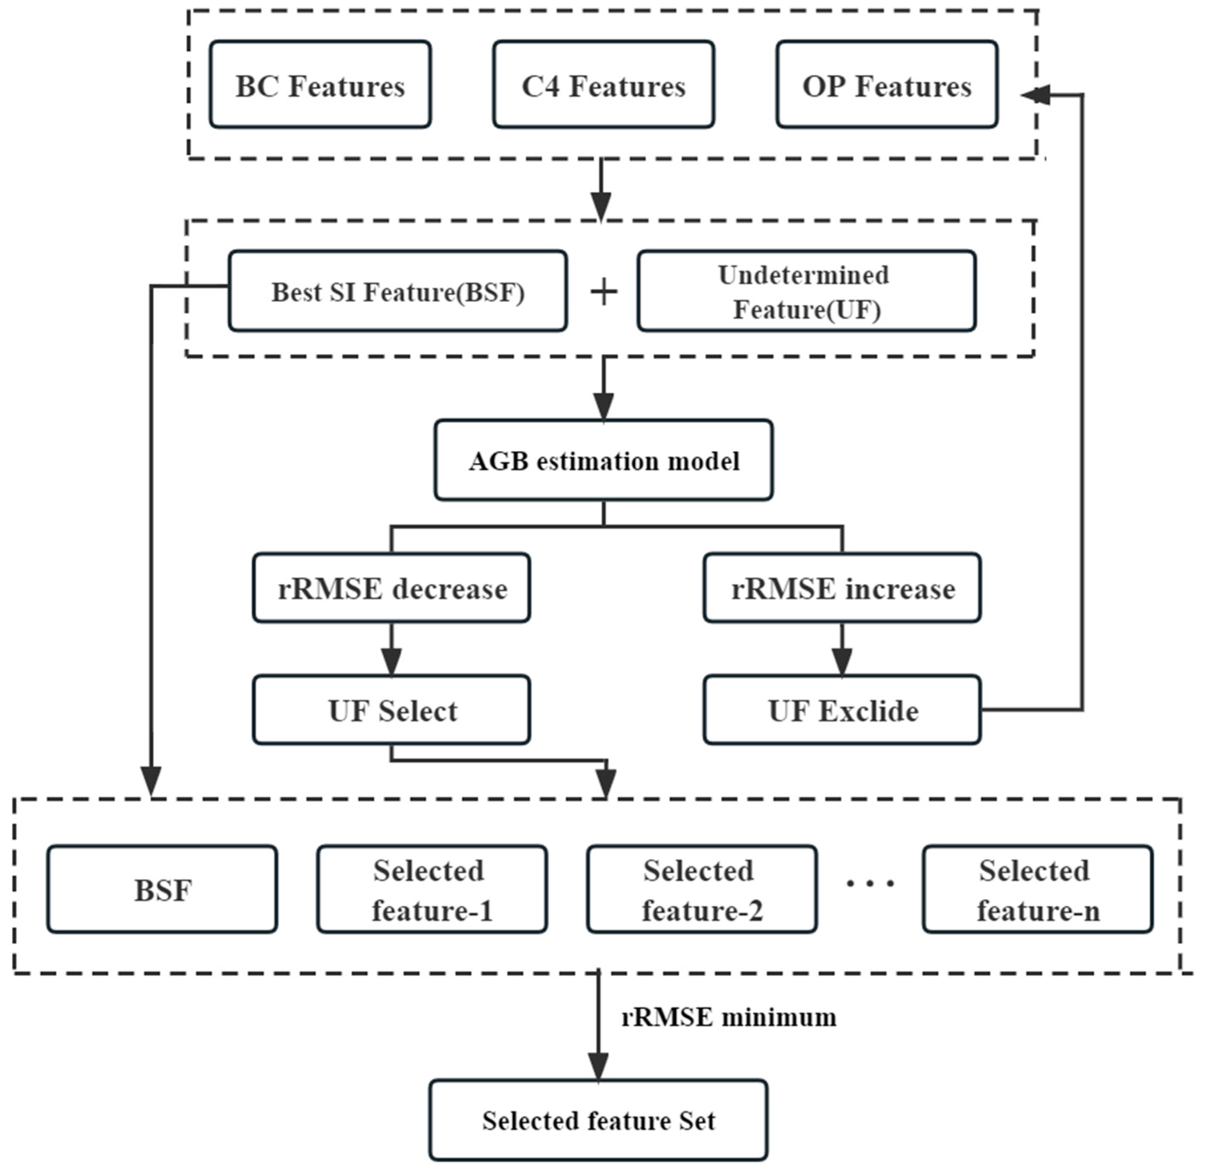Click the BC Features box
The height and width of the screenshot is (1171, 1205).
[x=320, y=85]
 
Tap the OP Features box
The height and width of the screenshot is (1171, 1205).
[x=886, y=85]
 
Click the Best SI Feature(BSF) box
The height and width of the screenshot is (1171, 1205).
[x=398, y=291]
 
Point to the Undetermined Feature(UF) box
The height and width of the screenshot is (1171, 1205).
[x=806, y=291]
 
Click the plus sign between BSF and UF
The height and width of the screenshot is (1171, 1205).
[x=604, y=291]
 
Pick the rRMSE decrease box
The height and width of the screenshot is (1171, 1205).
[x=391, y=589]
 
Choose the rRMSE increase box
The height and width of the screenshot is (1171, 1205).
[x=842, y=589]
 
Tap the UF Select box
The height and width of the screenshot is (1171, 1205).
[x=391, y=710]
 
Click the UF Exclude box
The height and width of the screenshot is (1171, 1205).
[x=842, y=710]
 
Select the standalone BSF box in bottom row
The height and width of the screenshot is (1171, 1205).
[x=162, y=889]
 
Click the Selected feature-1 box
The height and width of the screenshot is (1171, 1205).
[x=432, y=889]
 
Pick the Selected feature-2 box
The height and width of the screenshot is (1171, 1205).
[x=702, y=889]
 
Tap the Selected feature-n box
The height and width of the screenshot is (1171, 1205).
[x=1038, y=889]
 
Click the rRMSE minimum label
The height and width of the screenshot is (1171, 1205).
[x=729, y=1018]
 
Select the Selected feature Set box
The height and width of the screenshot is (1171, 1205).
[x=598, y=1121]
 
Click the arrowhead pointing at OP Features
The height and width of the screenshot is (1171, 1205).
[x=1035, y=95]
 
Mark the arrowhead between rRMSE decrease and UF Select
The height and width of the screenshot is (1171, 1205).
[x=391, y=662]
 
